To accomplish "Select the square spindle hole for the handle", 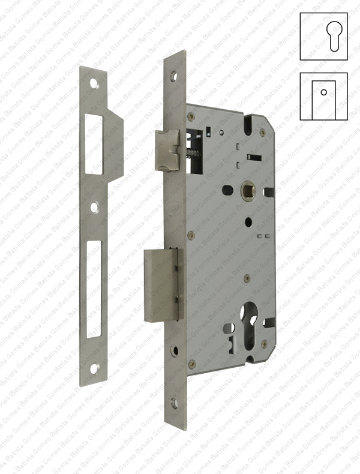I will point(247,191).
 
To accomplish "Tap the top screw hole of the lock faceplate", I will point(174,77).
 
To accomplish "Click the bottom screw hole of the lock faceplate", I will point(174,403).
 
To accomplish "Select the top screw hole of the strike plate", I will point(94,84).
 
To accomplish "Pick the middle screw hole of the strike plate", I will point(94,208).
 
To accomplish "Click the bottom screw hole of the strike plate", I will point(94,368).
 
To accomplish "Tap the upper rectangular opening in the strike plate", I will point(94,144).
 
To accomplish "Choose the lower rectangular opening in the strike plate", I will point(94,289).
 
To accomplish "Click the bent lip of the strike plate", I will point(115,147).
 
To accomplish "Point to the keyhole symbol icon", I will point(323,35).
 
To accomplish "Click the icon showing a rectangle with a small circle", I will point(323,96).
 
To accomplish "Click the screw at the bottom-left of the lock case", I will point(191,363).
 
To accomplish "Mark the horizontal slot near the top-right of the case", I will point(254,158).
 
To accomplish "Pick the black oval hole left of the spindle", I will point(227,190).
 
